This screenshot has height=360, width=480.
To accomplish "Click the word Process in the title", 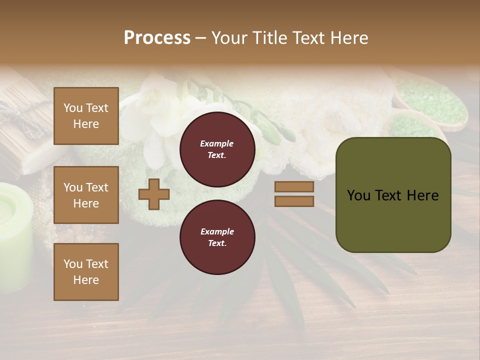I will click(x=157, y=38).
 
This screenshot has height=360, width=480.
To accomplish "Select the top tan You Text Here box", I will click(x=86, y=116).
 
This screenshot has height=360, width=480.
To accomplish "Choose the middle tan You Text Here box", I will click(x=86, y=195).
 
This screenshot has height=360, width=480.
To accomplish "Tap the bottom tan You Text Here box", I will click(x=86, y=271).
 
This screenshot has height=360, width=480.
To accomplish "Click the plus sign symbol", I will click(x=153, y=194).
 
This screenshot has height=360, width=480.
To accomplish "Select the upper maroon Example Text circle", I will click(x=217, y=149).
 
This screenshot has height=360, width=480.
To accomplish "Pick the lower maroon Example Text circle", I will click(x=217, y=237).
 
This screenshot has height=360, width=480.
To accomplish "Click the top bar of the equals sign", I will click(x=294, y=187).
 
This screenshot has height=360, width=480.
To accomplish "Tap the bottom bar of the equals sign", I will click(x=294, y=201).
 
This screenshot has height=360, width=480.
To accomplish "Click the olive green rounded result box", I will click(x=393, y=195).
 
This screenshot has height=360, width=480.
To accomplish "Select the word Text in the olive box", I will click(x=396, y=195).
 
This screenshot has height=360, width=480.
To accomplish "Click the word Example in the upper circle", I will click(x=216, y=143).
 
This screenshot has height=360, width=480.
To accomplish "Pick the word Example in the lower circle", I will click(x=217, y=231).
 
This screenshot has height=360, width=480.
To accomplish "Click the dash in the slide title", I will click(x=200, y=38).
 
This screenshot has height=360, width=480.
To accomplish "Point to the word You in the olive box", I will click(x=359, y=195).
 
